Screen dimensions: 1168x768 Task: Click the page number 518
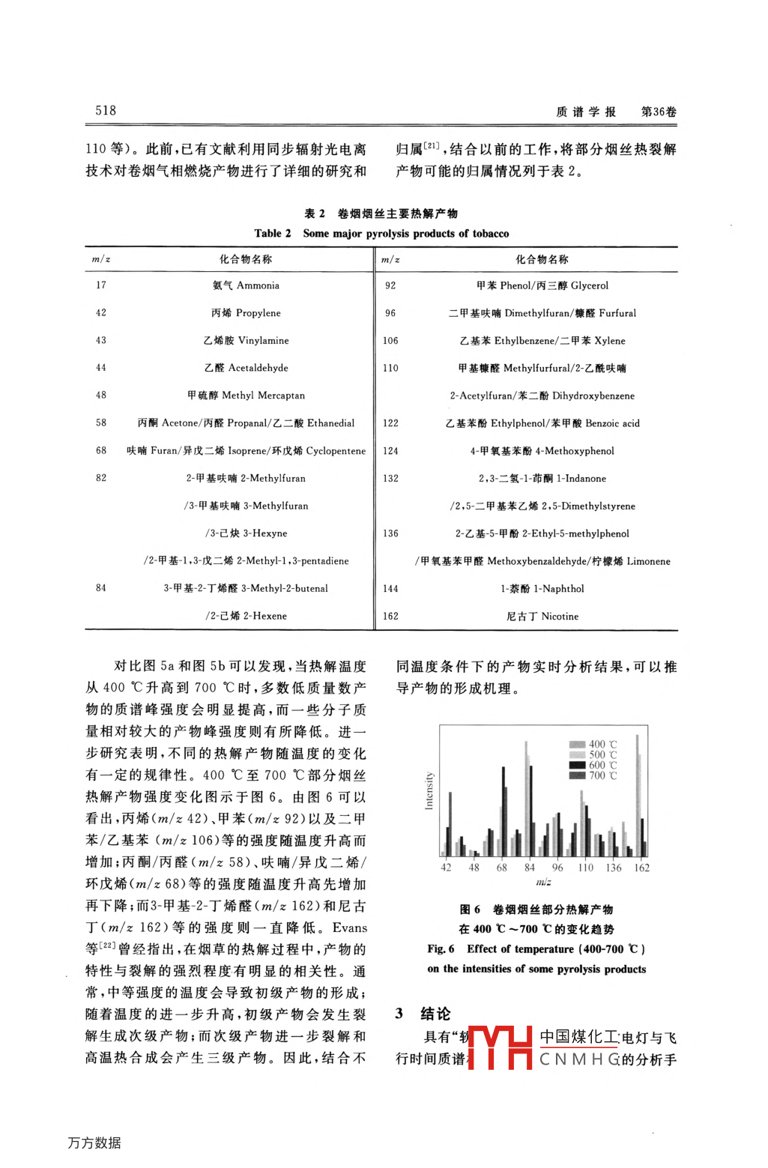[x=106, y=110]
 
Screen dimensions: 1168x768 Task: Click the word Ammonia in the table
[x=258, y=285]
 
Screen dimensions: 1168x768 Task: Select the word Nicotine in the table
[x=560, y=617]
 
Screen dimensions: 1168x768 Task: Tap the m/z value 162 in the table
[x=390, y=617]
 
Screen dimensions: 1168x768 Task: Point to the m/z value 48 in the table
[x=101, y=395]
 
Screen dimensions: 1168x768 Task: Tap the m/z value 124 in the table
[x=390, y=451]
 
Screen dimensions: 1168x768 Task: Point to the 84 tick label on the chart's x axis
[x=530, y=868]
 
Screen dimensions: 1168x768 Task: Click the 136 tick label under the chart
[x=614, y=868]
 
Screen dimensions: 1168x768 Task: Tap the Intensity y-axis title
[x=429, y=790]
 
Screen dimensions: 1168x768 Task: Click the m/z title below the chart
[x=544, y=882]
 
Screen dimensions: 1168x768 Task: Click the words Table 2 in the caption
[x=273, y=234]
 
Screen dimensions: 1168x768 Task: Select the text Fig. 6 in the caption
[x=441, y=949]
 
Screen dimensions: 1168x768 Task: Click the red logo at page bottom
[x=500, y=1047]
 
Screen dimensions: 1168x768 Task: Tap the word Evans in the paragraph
[x=349, y=928]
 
